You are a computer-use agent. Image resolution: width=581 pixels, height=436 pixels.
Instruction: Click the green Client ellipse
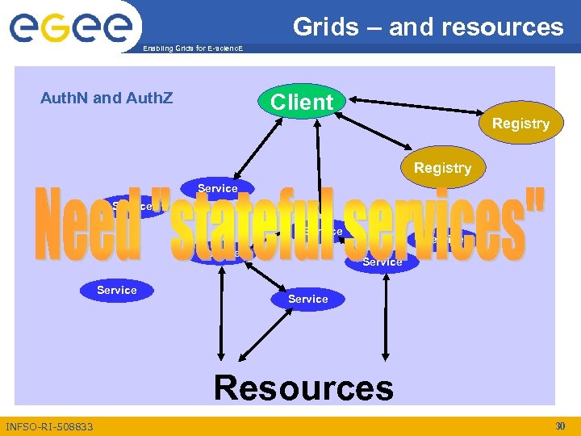(302, 103)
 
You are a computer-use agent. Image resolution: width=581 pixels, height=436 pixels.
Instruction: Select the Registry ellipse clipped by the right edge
(520, 124)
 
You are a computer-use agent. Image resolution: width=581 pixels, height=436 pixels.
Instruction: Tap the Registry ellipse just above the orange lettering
(441, 168)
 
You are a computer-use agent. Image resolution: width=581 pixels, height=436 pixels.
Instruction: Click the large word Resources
(303, 388)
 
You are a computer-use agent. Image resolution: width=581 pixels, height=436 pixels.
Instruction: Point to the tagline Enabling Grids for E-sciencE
(191, 49)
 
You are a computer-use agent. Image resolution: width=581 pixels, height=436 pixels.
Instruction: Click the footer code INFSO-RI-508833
(49, 426)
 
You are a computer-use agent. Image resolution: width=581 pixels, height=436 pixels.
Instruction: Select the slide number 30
(561, 426)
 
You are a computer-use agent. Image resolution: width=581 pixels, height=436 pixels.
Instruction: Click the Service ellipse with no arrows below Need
(117, 290)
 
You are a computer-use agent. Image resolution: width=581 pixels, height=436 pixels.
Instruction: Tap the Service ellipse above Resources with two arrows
(308, 299)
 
